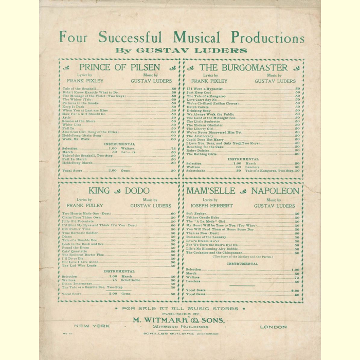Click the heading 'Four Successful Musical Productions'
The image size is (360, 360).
coord(182,38)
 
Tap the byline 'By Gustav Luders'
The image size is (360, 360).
coord(181,50)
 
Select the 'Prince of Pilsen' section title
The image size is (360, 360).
coord(119,67)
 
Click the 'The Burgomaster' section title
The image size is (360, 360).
coord(243,67)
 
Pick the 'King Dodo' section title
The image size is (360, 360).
coord(119,191)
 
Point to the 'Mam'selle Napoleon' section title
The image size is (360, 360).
coord(243,191)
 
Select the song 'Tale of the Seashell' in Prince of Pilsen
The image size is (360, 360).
coord(79,89)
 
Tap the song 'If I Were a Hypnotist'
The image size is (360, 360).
coord(205,89)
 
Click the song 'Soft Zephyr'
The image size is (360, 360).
coord(196,213)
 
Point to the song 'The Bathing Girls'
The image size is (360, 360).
coord(202,154)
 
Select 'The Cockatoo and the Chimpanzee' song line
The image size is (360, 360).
coord(215,253)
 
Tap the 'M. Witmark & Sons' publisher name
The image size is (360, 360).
coord(182,320)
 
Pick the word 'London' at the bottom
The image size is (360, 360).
coord(274,327)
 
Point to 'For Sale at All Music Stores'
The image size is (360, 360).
coord(181,309)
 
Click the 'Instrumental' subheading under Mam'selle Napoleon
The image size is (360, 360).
coord(243,263)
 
